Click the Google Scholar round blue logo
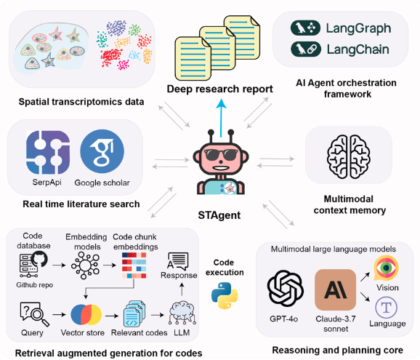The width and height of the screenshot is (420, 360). point(102,151)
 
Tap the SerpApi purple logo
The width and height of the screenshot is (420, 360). point(48,152)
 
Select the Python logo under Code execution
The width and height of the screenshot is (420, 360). point(225,295)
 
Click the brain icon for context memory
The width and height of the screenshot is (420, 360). point(349,156)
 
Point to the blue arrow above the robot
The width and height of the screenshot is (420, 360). point(221,118)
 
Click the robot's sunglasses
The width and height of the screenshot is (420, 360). point(221,155)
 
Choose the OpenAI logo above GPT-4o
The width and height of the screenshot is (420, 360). point(286,288)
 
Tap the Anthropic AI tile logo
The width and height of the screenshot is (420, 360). point(336,289)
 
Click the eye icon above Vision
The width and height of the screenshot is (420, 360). point(386,268)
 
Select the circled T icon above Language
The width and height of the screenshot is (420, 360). point(387,308)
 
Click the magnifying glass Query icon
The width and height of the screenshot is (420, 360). point(34,314)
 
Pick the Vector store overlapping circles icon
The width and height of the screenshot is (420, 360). point(86,315)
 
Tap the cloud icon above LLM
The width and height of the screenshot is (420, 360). point(182,313)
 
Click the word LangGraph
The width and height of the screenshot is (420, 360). point(358,28)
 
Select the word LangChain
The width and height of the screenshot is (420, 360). point(358,49)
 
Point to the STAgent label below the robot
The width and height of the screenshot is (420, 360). point(219,215)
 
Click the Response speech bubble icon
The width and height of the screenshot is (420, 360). point(178,261)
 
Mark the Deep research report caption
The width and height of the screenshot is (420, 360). point(219,89)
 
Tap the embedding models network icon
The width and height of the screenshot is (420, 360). point(86,265)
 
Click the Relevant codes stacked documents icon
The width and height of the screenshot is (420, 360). point(134,314)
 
